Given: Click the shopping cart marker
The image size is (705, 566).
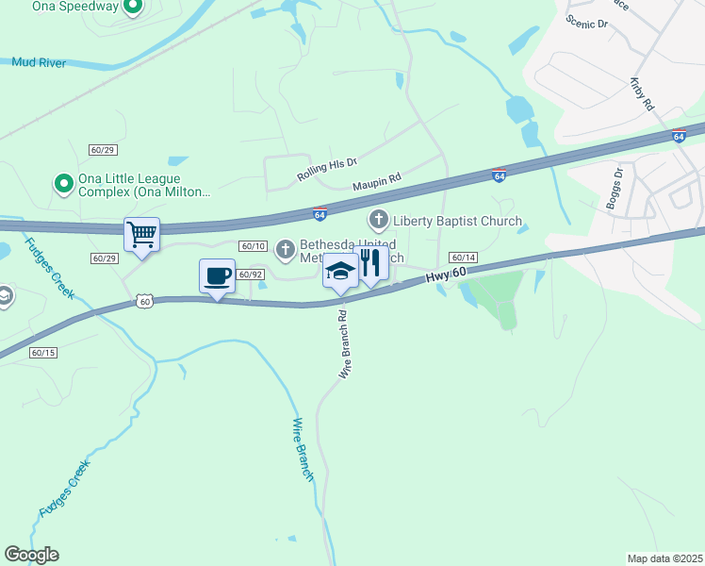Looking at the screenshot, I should (141, 233).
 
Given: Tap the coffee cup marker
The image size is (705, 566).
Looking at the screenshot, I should (217, 275).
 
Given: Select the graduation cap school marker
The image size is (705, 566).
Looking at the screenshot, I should (340, 271).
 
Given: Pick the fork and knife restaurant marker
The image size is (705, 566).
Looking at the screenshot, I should (371, 264).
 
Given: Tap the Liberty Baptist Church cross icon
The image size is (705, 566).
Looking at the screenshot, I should (378, 221).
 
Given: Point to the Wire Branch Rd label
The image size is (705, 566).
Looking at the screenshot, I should (344, 346).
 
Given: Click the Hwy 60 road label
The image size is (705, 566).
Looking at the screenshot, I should (447, 275).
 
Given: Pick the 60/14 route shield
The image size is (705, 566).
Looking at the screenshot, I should (463, 257).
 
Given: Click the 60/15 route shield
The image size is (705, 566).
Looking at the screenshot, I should (43, 353).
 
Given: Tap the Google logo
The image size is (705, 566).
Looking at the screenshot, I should (31, 555).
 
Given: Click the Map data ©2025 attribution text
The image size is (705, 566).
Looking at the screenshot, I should (664, 558).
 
